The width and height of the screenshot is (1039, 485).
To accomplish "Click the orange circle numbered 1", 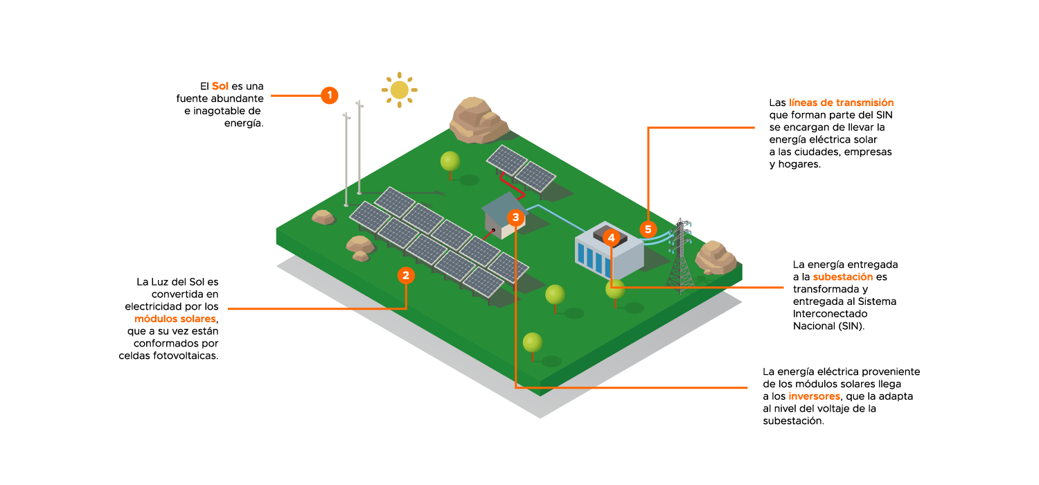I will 330,95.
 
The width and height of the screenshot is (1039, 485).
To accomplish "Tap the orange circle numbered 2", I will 406,276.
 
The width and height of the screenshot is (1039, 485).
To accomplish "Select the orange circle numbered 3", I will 515,217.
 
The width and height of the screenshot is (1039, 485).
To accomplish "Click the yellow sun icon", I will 399,90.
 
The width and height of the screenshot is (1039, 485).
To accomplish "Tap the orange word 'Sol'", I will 220,86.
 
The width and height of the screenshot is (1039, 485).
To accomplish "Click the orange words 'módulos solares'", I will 175,319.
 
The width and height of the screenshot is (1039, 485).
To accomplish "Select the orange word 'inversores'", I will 814,396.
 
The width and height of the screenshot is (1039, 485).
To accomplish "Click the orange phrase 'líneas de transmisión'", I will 841,103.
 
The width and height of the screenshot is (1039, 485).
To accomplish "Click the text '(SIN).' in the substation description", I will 851,326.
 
